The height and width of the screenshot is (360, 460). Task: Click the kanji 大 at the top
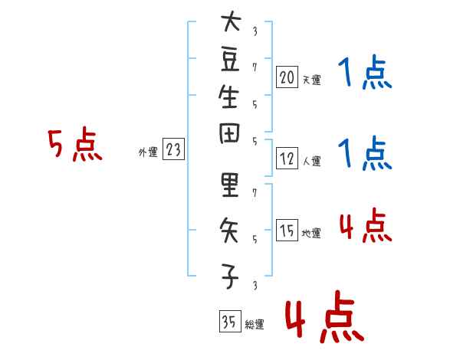[231, 21]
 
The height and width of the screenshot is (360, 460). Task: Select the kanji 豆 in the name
[230, 61]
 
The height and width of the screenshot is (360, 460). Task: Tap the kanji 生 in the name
[229, 97]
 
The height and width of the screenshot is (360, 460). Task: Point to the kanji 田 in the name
[229, 133]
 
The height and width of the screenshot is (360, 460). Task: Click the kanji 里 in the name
[230, 185]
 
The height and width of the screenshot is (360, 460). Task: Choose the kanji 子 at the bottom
[230, 277]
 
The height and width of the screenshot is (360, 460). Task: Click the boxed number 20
[287, 77]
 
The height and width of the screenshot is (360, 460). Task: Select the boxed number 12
[287, 159]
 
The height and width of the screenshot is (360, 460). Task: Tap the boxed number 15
[287, 230]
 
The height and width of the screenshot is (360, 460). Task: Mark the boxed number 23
[173, 149]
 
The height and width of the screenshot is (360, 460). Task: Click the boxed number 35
[230, 321]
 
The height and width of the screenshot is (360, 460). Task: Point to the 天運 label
[312, 80]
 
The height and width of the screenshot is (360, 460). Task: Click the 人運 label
[312, 161]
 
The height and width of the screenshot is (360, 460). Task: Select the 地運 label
[311, 233]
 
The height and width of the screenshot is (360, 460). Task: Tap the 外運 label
[148, 152]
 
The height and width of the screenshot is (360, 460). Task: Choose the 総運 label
[255, 324]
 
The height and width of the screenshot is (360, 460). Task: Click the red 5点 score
[75, 145]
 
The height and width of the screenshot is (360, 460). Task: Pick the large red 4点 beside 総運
[324, 316]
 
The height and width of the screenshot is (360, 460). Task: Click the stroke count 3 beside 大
[255, 31]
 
